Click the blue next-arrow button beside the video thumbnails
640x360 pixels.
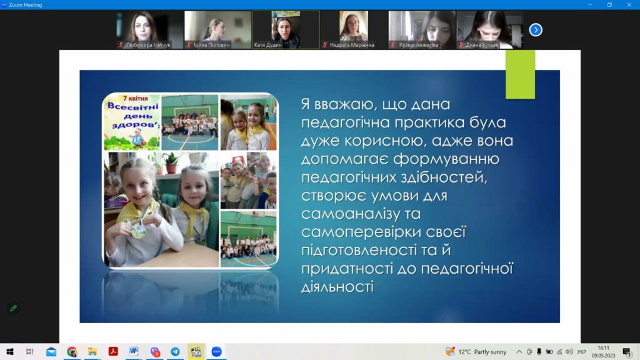point(536,30)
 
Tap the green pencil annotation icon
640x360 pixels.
point(14,308)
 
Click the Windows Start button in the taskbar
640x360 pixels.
point(10,351)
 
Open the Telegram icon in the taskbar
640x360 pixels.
point(175,351)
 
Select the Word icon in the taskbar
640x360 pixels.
point(134,351)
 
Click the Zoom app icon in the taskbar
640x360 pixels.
point(216,351)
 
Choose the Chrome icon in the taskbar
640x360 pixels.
point(72,351)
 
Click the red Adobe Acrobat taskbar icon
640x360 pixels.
point(113,351)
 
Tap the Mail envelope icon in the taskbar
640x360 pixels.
point(51,351)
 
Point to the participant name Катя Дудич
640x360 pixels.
point(267,45)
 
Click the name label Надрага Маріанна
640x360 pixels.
point(352,45)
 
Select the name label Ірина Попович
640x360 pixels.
point(212,45)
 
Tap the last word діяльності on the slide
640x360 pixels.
point(337,286)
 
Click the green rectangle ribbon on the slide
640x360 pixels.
point(520,74)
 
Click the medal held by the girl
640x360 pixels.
point(139,231)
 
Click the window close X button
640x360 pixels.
point(629,5)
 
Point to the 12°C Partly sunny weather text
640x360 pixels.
point(482,352)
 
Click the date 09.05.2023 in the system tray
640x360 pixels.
point(603,356)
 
